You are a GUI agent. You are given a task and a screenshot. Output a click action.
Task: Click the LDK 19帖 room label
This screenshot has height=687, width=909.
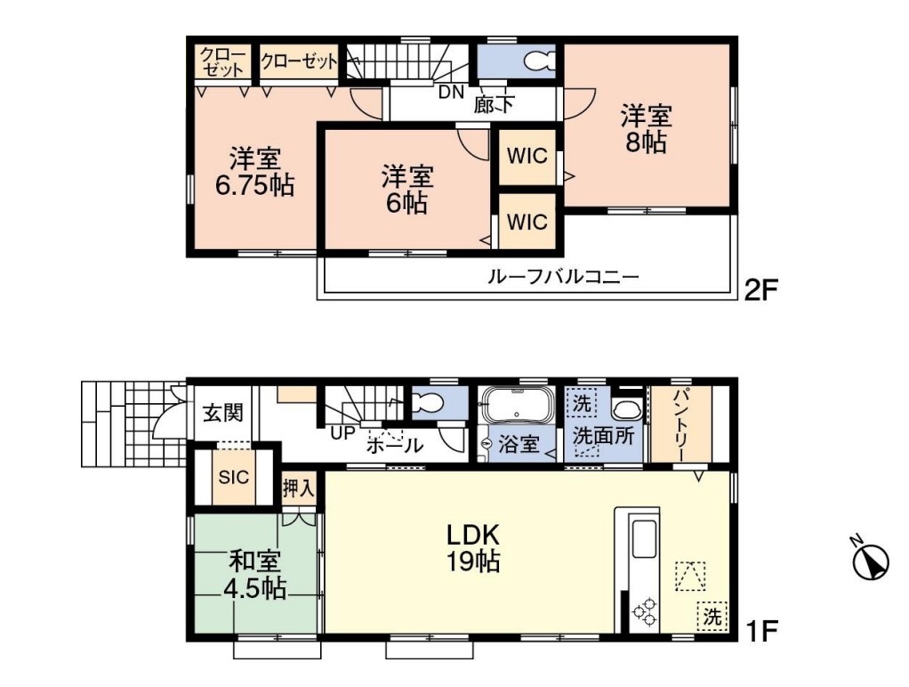(472, 548)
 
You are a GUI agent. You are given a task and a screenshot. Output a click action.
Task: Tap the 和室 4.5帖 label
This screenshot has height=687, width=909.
(255, 575)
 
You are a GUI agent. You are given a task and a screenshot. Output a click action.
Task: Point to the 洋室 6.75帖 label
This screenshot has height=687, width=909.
(255, 173)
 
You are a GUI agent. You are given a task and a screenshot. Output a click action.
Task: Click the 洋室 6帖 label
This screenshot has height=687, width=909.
(407, 190)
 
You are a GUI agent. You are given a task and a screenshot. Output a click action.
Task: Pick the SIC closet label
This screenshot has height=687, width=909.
(234, 477)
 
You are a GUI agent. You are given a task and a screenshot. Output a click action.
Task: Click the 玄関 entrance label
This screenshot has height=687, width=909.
(222, 413)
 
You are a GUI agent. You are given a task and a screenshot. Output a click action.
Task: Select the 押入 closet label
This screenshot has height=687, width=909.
(299, 488)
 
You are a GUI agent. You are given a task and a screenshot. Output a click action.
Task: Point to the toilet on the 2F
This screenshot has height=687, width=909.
(539, 61)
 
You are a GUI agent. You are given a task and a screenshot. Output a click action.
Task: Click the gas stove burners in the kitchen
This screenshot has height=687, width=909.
(645, 613)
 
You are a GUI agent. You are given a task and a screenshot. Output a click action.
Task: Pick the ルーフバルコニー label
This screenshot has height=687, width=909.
(563, 276)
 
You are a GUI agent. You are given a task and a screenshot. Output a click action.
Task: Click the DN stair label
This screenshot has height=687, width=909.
(451, 92)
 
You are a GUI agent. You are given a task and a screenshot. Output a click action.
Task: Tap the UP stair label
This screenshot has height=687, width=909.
(342, 432)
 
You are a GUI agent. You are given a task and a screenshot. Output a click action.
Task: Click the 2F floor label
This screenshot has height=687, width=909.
(760, 289)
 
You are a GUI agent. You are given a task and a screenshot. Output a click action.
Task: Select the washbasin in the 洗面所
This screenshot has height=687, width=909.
(627, 409)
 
